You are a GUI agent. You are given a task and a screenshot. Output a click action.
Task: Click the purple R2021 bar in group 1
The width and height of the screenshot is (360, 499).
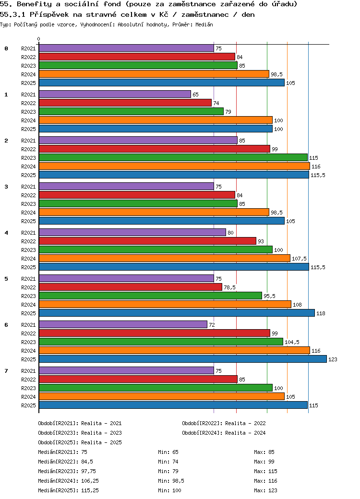[115, 95]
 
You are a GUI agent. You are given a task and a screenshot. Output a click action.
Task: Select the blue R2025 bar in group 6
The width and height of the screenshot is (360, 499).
[182, 359]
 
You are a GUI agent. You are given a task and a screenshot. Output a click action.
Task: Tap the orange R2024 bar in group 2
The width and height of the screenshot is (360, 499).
[174, 166]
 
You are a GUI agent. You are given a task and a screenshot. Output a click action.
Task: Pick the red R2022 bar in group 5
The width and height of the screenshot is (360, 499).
[130, 287]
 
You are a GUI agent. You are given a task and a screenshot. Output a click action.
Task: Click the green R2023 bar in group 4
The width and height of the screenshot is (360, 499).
[156, 249]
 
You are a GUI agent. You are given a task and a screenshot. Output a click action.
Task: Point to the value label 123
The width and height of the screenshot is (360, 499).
[333, 359]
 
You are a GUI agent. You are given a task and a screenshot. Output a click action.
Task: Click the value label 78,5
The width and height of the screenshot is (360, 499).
[229, 287]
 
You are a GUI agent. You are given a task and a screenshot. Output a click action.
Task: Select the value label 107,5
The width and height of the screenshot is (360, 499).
[299, 259]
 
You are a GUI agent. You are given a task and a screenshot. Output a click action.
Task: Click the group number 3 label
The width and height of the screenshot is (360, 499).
[6, 187]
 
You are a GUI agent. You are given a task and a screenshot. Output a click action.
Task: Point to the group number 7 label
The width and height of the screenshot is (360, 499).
[6, 371]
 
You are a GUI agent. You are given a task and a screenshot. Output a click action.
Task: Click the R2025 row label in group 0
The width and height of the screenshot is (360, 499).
[28, 83]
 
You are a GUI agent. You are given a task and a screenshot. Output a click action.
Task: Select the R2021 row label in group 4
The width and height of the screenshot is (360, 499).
[28, 233]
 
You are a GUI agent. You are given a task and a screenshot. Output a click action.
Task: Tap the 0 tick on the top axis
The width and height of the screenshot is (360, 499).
[39, 39]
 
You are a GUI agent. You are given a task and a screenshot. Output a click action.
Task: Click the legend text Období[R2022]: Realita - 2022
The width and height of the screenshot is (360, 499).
[224, 423]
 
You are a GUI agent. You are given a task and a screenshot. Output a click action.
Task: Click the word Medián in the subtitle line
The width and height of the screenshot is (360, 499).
[204, 24]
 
